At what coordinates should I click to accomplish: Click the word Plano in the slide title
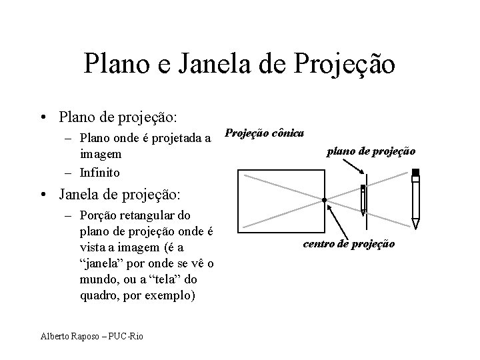(117, 64)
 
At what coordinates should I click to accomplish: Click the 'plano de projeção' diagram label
(371, 151)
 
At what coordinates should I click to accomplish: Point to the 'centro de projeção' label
(349, 244)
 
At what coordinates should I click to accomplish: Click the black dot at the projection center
(323, 200)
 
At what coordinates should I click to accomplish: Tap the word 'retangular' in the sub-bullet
(149, 216)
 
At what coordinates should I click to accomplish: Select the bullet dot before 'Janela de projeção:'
(43, 195)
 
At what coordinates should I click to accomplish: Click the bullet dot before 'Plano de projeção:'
(43, 118)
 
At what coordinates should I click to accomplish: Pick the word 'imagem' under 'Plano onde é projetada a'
(101, 154)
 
